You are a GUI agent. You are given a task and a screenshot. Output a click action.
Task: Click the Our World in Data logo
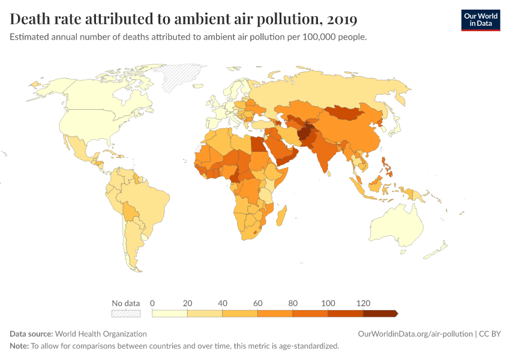pos(480,20)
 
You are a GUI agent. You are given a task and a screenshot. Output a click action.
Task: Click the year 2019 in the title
pos(342,20)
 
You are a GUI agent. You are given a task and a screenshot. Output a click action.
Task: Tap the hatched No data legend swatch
pos(125,313)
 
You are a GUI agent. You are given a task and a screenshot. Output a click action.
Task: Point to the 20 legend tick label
pos(187,302)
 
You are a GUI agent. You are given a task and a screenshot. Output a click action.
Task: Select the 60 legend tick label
pos(257,302)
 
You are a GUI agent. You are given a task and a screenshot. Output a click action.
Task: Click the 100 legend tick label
pos(328,302)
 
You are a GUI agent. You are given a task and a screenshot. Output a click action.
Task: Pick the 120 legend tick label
pos(363,302)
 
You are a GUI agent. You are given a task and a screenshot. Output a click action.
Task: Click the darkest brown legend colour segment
pos(379,313)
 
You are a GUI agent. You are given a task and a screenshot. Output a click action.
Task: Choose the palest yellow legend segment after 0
pos(170,313)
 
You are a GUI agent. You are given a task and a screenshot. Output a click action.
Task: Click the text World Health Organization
pos(101,334)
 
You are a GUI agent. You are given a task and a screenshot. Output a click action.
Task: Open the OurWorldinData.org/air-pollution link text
pos(414,334)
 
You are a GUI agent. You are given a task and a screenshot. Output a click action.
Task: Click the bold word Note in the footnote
pos(19,346)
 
